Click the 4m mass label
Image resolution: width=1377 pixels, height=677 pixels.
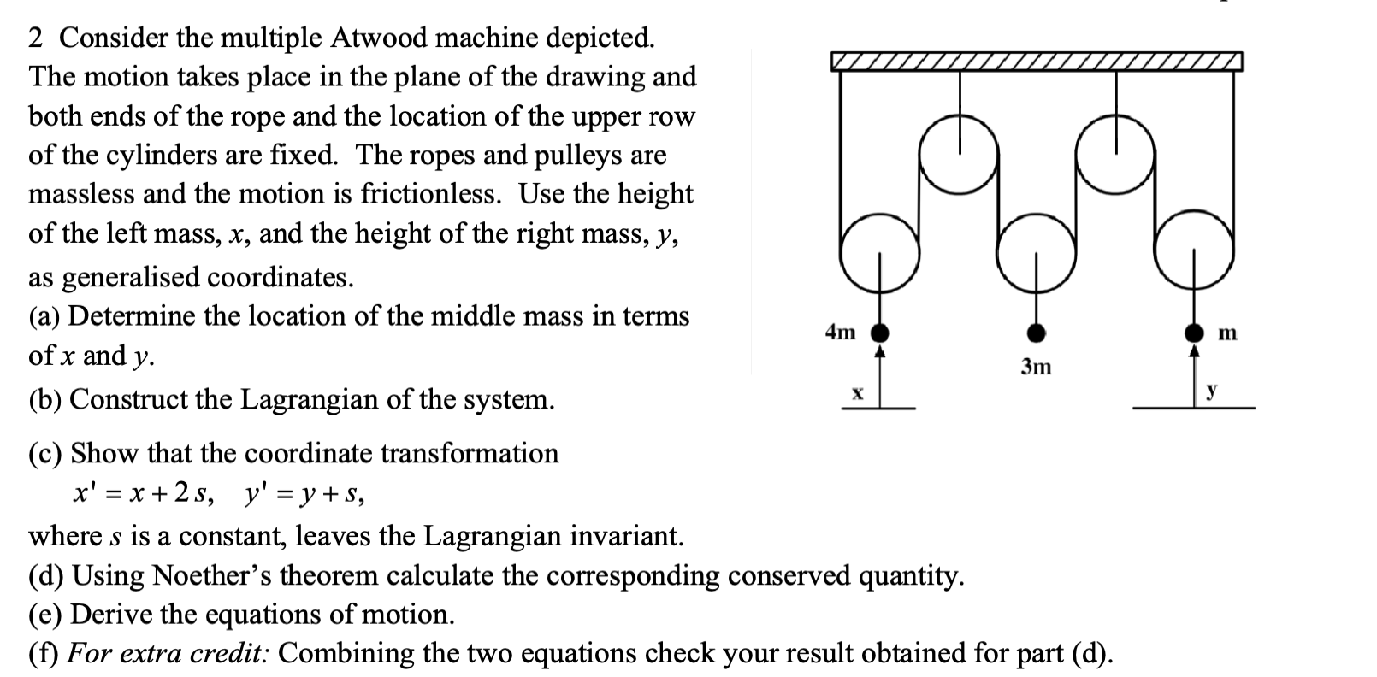point(840,332)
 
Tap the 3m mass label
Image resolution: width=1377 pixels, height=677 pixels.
point(1036,367)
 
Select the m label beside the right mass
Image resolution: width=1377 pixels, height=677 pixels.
point(1226,333)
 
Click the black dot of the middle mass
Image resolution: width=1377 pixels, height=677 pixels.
point(1036,333)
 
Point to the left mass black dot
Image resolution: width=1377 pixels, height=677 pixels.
point(879,333)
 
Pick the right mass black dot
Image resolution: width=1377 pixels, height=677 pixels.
point(1194,333)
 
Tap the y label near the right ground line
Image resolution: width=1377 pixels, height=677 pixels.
point(1211,391)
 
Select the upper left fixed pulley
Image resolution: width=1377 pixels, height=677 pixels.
point(959,154)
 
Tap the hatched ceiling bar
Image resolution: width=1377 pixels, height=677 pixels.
point(1036,62)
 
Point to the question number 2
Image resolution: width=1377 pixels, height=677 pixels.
point(36,38)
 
